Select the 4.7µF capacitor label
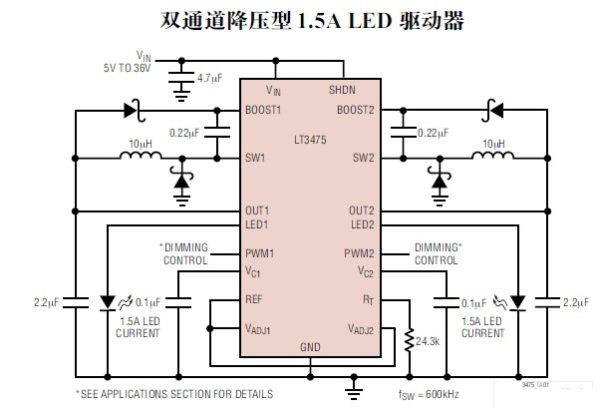tap(209, 77)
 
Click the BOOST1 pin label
tap(264, 109)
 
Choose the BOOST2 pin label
tap(355, 109)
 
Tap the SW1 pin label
tap(256, 158)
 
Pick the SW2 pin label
tap(363, 158)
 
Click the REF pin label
tap(255, 299)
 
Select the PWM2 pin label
tap(359, 253)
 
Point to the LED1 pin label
tap(258, 224)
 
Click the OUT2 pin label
tap(361, 210)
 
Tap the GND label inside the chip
tap(311, 347)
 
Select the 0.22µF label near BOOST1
tap(185, 132)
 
